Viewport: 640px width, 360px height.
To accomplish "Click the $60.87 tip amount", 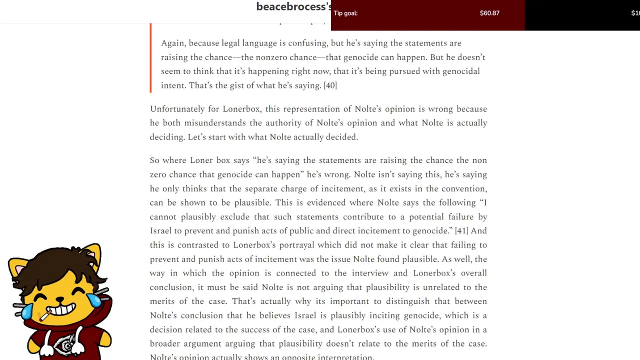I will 489,13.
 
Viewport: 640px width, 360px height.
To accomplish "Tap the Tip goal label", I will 345,13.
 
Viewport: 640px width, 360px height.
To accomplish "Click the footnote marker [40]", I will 330,85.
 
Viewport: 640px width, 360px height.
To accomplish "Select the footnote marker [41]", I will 461,230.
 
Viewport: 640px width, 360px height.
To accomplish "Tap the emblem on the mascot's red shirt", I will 65,345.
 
